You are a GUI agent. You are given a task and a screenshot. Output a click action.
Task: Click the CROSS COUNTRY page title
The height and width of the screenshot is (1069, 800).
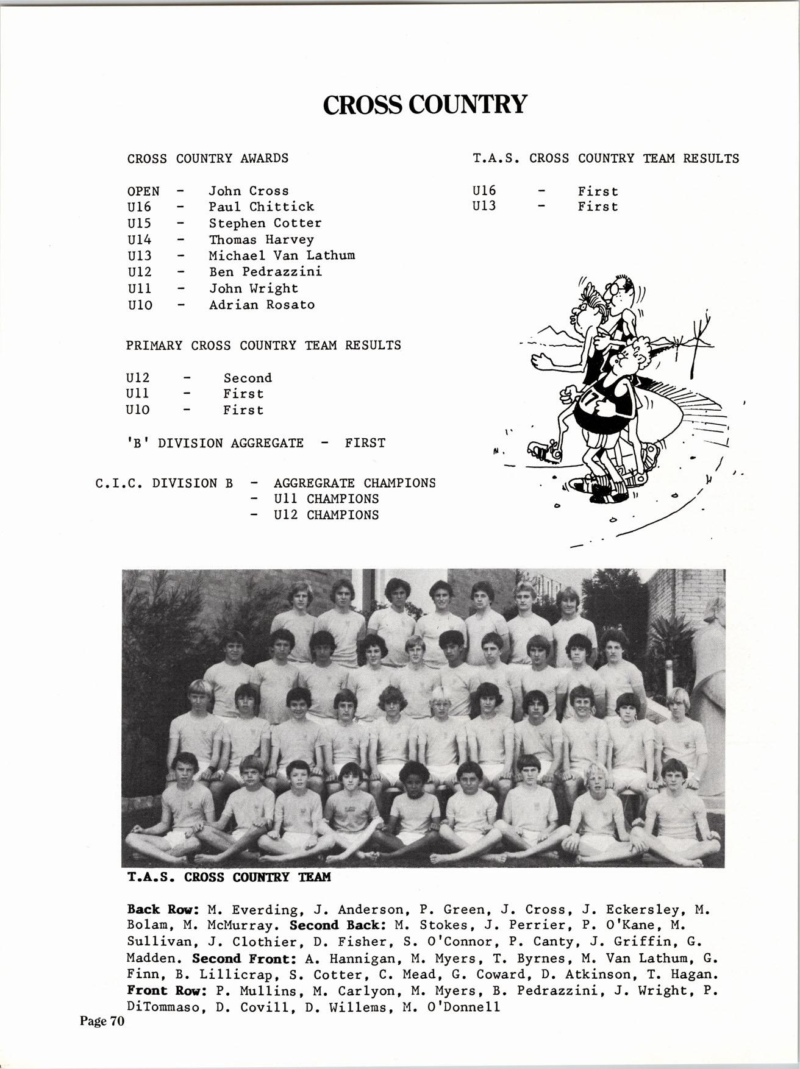424,104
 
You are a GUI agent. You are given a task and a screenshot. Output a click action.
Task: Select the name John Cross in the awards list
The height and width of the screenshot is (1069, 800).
249,191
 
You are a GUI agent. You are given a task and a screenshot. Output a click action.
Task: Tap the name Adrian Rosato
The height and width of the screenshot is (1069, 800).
262,305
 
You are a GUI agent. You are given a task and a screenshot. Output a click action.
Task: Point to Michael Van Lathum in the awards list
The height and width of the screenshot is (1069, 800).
282,256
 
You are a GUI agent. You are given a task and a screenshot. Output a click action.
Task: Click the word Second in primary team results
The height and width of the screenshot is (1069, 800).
248,378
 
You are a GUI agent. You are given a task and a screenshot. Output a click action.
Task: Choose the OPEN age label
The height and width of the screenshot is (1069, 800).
143,191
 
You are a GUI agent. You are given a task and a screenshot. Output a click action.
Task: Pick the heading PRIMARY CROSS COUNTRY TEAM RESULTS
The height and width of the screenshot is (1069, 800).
263,346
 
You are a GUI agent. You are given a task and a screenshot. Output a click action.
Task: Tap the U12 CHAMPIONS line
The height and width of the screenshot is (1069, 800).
326,515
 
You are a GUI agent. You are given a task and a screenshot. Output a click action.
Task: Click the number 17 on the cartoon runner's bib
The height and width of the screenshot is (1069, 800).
590,400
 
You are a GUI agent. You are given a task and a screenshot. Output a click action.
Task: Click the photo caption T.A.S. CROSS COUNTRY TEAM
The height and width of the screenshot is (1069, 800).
229,877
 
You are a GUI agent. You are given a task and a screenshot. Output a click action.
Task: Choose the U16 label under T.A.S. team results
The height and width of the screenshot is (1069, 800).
484,191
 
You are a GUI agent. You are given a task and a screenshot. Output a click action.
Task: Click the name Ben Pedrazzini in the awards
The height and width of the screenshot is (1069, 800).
265,272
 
